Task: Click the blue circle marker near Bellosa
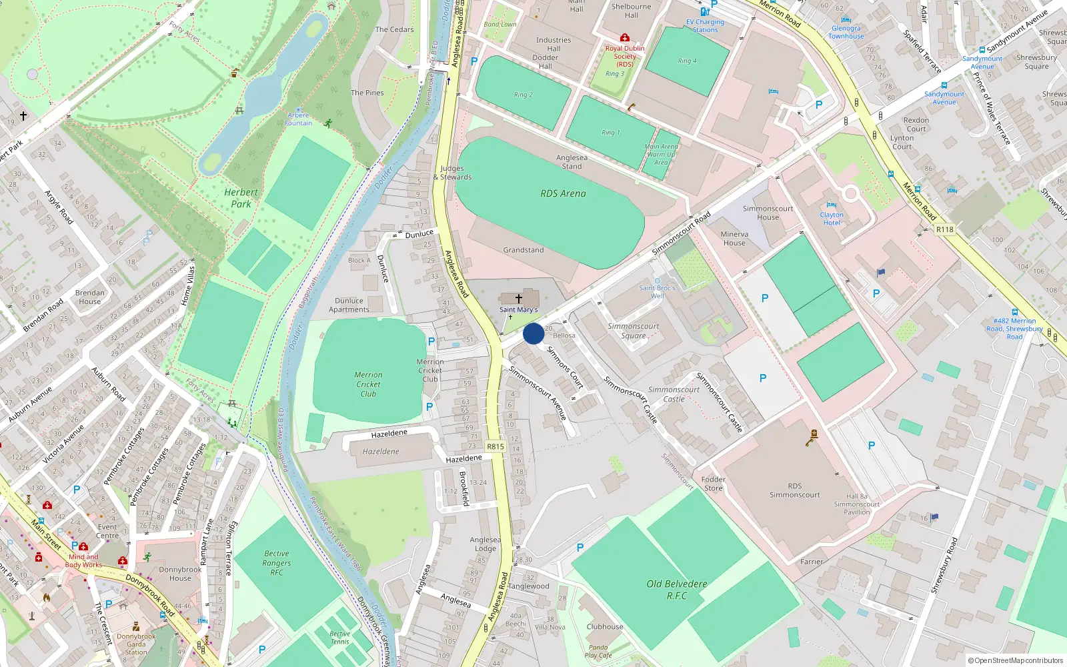point(533,333)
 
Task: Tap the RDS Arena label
point(563,193)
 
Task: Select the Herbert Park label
point(241,198)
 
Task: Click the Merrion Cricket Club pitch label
point(368,384)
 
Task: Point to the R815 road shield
point(495,446)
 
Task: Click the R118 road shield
point(944,229)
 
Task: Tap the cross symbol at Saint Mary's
point(519,299)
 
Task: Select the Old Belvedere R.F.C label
point(676,590)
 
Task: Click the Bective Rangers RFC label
point(277,563)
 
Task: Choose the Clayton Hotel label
point(832,218)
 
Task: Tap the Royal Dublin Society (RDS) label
point(625,56)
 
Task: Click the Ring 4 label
point(687,61)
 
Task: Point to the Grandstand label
point(523,250)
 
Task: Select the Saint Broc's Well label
point(658,291)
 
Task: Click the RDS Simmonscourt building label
point(794,490)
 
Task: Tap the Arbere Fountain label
point(298,119)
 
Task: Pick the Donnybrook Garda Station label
point(136,644)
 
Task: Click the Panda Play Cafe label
point(598,651)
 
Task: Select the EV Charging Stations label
point(705,25)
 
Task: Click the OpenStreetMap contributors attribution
point(1015,660)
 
